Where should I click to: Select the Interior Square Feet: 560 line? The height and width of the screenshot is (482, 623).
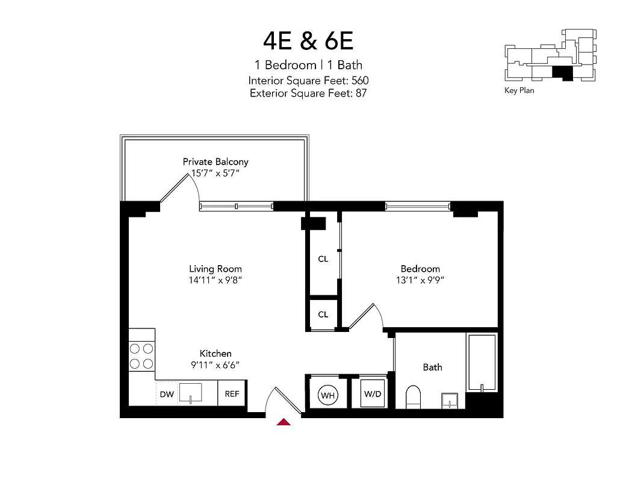(308, 80)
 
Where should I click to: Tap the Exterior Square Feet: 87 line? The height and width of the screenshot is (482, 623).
(308, 93)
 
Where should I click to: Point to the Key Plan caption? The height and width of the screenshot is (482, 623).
(519, 91)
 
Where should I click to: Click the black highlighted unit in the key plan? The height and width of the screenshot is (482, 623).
(563, 73)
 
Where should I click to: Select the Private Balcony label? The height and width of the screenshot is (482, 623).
(215, 161)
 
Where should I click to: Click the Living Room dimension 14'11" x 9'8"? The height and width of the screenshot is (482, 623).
(215, 280)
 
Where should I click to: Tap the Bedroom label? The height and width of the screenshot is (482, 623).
(420, 269)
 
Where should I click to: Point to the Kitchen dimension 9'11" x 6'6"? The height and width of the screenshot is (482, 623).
(215, 365)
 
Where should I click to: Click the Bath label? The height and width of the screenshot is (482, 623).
(432, 367)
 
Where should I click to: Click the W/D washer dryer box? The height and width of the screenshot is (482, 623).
(371, 394)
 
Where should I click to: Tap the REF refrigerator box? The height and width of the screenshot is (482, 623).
(232, 394)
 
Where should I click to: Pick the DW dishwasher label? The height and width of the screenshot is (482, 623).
(166, 395)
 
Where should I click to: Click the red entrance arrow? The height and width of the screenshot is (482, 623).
(284, 422)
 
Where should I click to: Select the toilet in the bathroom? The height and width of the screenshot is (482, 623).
(414, 396)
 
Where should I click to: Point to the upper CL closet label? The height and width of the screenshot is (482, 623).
(323, 259)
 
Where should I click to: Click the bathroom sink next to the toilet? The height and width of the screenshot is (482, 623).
(450, 400)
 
